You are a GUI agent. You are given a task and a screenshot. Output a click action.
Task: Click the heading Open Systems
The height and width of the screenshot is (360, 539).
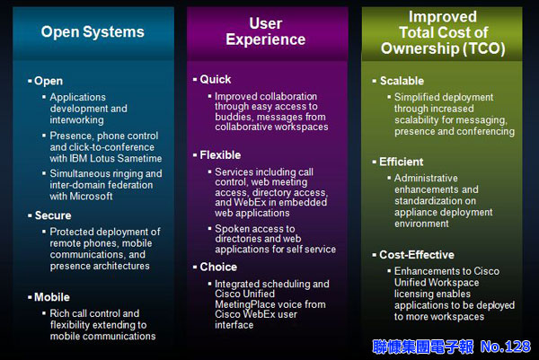click(93, 32)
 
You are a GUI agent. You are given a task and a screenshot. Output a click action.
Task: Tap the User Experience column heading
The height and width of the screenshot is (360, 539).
click(266, 31)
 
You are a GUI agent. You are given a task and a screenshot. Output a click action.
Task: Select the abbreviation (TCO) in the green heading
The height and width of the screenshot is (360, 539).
click(484, 48)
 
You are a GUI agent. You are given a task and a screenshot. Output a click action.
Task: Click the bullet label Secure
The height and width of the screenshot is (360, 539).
click(53, 215)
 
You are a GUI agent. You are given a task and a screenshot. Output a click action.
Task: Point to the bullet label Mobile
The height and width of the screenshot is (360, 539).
click(52, 297)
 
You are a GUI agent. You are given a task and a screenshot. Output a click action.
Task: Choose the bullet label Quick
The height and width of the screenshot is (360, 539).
click(216, 79)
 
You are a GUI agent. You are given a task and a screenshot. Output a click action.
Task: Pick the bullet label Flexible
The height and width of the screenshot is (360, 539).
click(220, 155)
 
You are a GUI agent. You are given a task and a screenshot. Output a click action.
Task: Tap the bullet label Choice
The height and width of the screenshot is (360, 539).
click(218, 267)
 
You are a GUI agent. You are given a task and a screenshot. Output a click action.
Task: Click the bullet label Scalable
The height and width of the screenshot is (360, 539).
click(402, 81)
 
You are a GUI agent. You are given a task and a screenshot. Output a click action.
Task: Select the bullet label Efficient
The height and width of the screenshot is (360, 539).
click(402, 162)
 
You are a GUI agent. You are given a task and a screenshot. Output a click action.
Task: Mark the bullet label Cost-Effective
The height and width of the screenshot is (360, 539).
click(417, 255)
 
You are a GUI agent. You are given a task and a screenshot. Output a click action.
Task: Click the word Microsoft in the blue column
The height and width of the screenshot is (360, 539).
click(91, 196)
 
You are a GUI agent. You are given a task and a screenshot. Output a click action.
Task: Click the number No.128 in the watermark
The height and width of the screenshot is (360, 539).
click(506, 347)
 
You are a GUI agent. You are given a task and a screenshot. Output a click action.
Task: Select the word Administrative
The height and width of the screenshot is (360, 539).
click(426, 179)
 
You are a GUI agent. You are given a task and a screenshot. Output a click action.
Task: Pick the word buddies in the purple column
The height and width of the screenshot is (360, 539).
click(233, 117)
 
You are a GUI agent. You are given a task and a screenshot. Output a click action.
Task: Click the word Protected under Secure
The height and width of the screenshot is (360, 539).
click(72, 232)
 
